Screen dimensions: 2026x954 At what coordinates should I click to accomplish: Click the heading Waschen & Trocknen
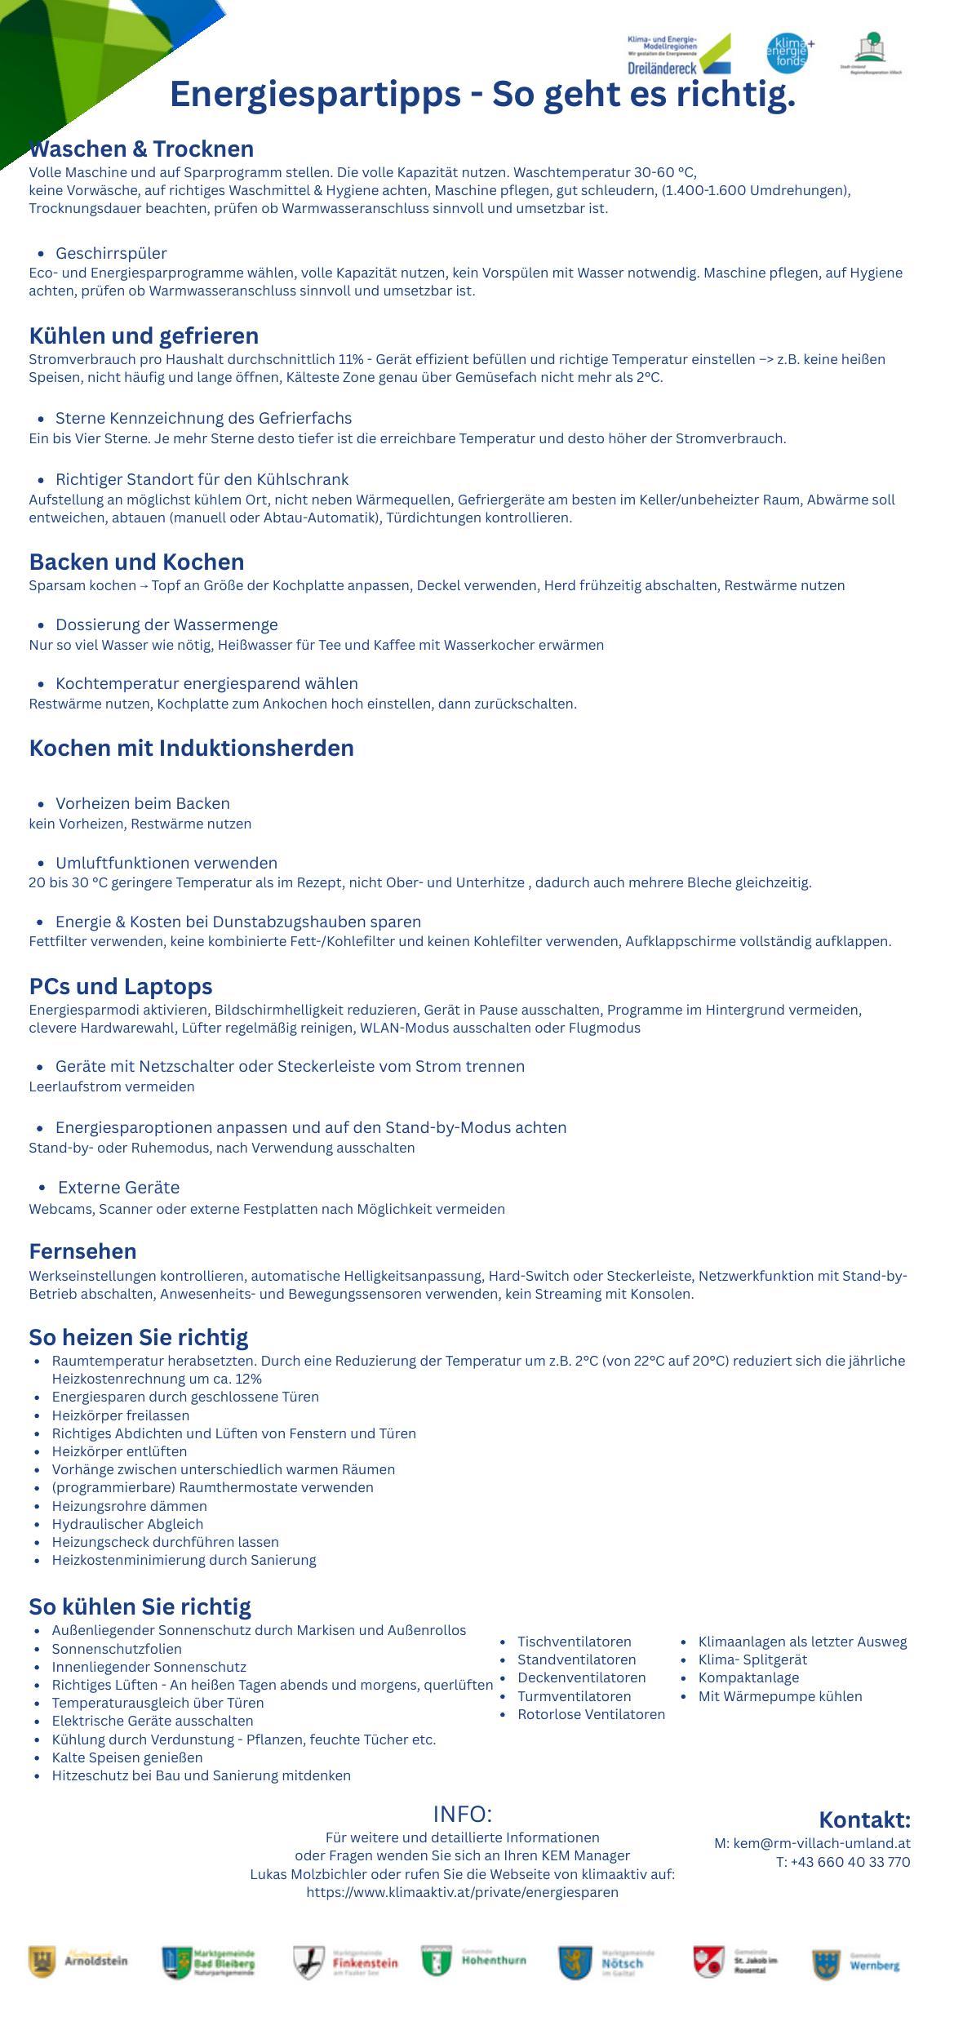(x=141, y=149)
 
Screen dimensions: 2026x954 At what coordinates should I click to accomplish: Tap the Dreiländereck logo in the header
(x=679, y=55)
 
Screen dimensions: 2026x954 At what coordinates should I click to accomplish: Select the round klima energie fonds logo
(x=788, y=54)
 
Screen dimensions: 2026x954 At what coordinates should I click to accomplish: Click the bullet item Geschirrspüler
(x=111, y=253)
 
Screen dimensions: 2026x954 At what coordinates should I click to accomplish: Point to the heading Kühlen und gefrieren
(x=144, y=336)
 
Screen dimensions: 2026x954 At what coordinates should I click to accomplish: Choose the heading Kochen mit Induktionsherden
(x=191, y=749)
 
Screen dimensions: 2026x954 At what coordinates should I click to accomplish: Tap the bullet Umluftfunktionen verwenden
(x=166, y=863)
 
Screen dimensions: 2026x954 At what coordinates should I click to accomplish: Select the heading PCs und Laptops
(x=121, y=987)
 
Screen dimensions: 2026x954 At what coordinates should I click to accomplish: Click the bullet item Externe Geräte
(x=118, y=1188)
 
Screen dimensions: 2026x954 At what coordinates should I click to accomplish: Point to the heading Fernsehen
(x=82, y=1251)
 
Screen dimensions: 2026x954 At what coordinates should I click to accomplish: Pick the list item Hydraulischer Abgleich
(x=127, y=1524)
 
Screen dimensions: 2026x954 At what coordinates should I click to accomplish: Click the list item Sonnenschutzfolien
(x=117, y=1649)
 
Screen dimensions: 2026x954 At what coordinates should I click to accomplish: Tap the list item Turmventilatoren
(x=574, y=1696)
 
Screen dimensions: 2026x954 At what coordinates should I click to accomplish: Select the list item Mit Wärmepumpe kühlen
(x=779, y=1696)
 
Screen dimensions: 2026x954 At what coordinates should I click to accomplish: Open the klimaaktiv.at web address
(x=462, y=1892)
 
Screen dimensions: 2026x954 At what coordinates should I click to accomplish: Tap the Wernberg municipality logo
(x=856, y=1964)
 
